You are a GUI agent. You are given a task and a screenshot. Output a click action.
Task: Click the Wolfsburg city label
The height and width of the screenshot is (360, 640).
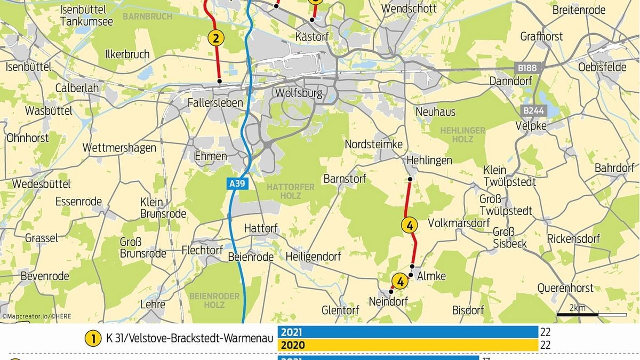click(299, 93)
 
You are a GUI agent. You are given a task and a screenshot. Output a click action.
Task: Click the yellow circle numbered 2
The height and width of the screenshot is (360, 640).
click(216, 38)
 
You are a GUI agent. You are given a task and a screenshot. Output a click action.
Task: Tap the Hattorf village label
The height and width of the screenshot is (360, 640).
click(261, 228)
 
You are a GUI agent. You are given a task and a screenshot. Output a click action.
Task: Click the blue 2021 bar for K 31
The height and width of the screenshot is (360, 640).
click(408, 332)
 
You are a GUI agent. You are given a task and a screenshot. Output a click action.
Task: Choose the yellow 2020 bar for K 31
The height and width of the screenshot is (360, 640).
click(408, 345)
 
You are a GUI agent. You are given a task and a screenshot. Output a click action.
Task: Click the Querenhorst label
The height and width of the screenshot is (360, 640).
click(565, 288)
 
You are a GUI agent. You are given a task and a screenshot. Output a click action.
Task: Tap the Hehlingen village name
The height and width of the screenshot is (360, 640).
click(429, 160)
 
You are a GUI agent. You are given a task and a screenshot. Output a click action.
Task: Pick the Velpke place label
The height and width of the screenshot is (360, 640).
click(531, 126)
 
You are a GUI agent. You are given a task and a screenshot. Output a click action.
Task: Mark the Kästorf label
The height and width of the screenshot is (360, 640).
click(312, 37)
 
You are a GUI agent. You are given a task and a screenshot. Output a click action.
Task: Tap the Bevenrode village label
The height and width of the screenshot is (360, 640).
click(45, 276)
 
